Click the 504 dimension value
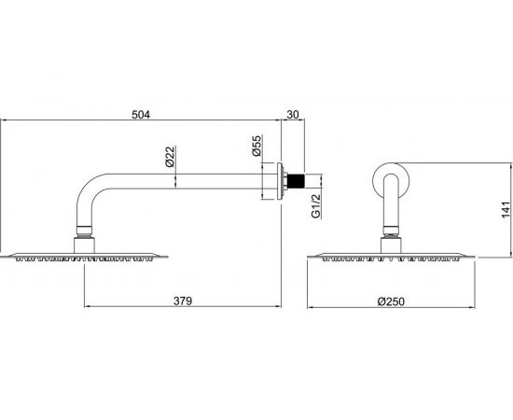pyautogui.click(x=141, y=115)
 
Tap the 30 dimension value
pyautogui.click(x=293, y=115)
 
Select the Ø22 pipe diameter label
pyautogui.click(x=171, y=156)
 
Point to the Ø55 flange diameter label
pyautogui.click(x=257, y=146)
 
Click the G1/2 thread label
pyautogui.click(x=315, y=206)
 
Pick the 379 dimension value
pyautogui.click(x=183, y=301)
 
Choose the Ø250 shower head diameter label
pyautogui.click(x=391, y=301)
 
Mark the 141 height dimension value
pyautogui.click(x=506, y=210)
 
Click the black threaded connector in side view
pyautogui.click(x=296, y=181)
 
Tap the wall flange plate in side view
pyautogui.click(x=280, y=181)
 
